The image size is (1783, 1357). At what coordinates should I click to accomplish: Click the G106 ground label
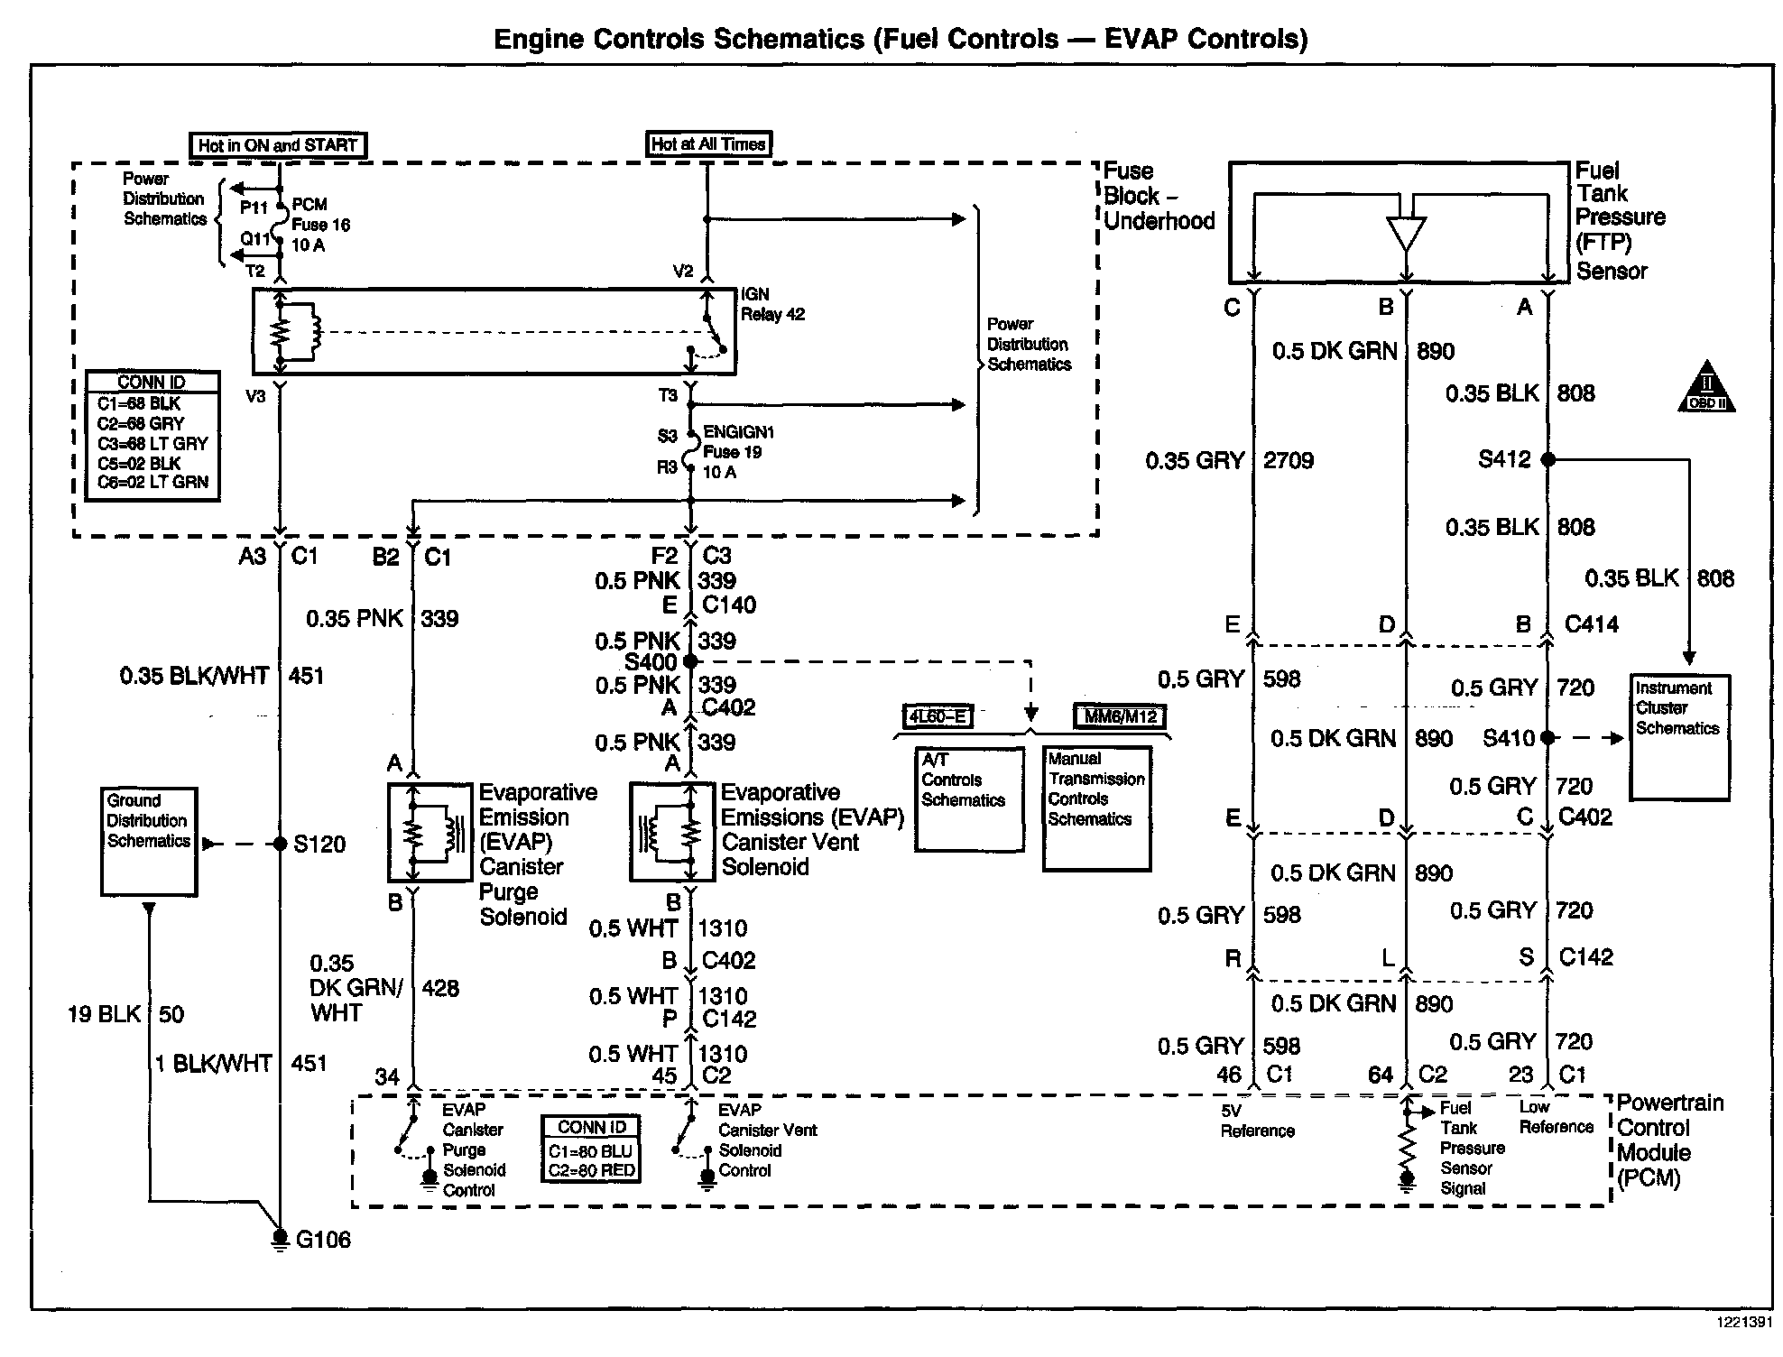pyautogui.click(x=323, y=1240)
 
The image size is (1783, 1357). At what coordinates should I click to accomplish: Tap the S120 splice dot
pyautogui.click(x=281, y=845)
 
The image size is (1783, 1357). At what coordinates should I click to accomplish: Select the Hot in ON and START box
pyautogui.click(x=278, y=145)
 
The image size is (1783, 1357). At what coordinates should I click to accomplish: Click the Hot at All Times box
pyautogui.click(x=708, y=143)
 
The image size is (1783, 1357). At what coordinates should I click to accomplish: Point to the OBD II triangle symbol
pyautogui.click(x=1705, y=389)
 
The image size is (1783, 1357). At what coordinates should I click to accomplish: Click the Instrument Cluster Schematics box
pyautogui.click(x=1679, y=737)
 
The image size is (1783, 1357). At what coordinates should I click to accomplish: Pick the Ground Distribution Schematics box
pyautogui.click(x=149, y=841)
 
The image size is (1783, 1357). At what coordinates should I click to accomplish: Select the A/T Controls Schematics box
pyautogui.click(x=969, y=799)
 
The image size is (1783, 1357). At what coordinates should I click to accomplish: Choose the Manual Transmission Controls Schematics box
pyautogui.click(x=1096, y=808)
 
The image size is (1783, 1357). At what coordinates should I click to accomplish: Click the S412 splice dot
pyautogui.click(x=1547, y=459)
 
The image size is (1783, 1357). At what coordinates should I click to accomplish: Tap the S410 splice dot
pyautogui.click(x=1547, y=738)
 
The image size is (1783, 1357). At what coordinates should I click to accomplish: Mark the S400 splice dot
pyautogui.click(x=690, y=661)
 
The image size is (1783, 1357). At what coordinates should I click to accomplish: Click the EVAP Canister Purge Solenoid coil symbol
pyautogui.click(x=430, y=833)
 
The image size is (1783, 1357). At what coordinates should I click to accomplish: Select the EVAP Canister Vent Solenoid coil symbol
pyautogui.click(x=671, y=833)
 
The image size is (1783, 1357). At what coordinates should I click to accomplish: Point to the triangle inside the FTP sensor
pyautogui.click(x=1406, y=234)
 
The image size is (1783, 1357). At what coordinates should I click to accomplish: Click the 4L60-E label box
pyautogui.click(x=938, y=717)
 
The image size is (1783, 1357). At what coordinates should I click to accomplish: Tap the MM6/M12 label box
pyautogui.click(x=1120, y=717)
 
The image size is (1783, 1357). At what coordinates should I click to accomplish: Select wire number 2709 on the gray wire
pyautogui.click(x=1288, y=461)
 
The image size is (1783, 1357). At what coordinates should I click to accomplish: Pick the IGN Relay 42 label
pyautogui.click(x=772, y=305)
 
